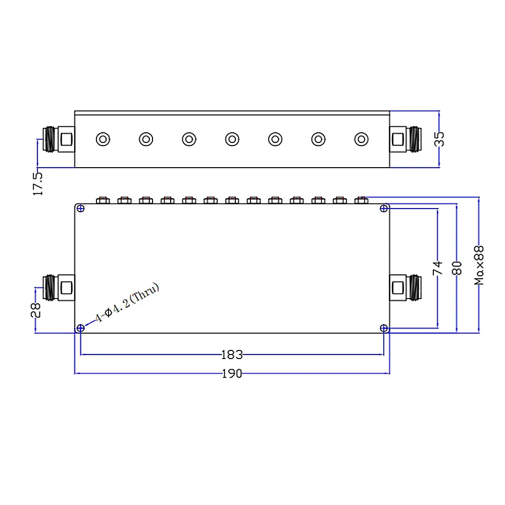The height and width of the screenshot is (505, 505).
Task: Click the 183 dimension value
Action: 232,355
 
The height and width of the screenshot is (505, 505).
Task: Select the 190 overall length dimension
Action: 232,374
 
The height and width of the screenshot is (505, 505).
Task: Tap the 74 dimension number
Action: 437,268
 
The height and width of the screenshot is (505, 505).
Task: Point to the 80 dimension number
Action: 457,268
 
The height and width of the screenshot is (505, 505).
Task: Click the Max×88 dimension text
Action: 479,265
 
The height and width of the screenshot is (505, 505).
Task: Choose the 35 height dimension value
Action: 439,139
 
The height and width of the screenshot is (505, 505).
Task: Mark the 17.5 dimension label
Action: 38,184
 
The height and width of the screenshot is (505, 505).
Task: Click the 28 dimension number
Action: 36,310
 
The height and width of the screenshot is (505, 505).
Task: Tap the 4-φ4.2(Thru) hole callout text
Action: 127,302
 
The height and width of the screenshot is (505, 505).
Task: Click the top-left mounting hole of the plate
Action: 80,209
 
